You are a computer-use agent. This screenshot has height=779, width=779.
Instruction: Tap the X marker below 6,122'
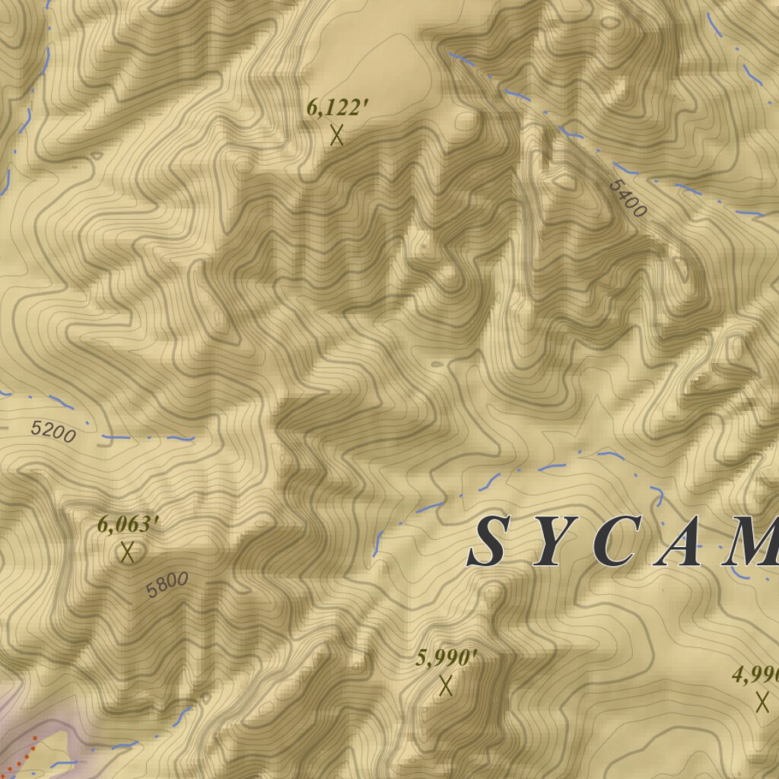(337, 135)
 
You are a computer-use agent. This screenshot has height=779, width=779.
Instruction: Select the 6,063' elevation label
(128, 524)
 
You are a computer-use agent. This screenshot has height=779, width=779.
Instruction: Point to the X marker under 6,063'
(127, 552)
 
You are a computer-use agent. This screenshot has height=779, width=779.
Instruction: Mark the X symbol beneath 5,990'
(447, 686)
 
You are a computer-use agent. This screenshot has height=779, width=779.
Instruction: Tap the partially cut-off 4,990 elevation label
(756, 674)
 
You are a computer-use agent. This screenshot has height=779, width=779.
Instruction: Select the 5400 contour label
(628, 198)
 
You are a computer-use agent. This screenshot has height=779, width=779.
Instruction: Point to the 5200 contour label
(53, 432)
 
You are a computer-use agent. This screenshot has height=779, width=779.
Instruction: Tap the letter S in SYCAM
(488, 542)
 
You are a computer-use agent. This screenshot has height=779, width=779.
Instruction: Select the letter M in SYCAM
(753, 542)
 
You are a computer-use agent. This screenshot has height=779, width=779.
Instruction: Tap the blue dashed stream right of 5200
(145, 438)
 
